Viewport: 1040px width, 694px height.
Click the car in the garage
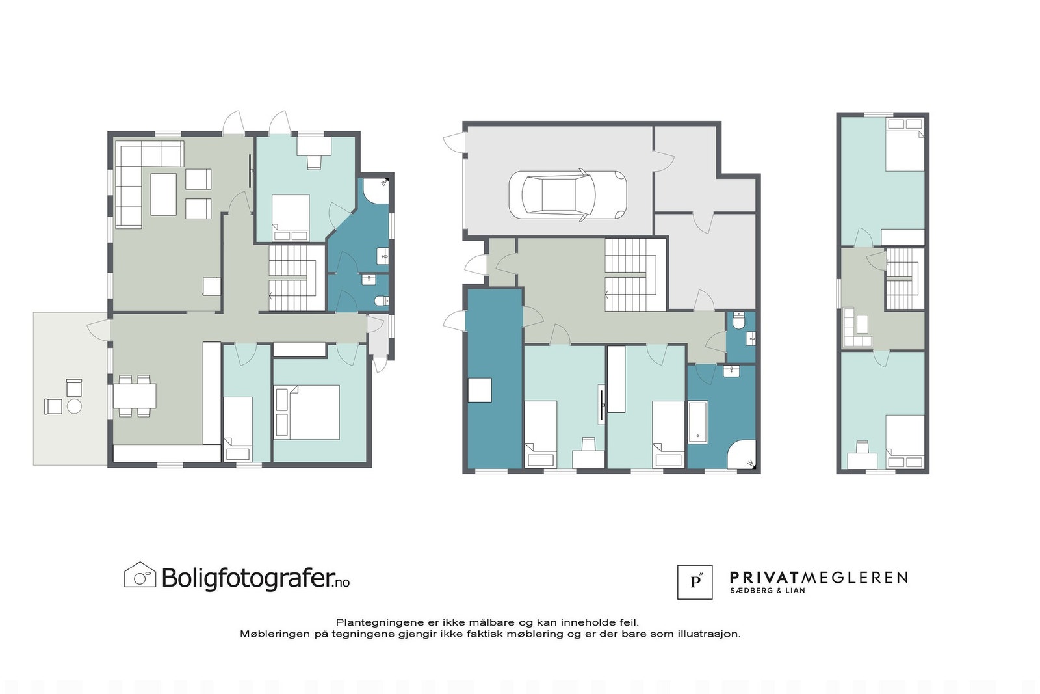(x=567, y=195)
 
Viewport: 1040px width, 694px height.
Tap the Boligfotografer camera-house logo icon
(x=140, y=575)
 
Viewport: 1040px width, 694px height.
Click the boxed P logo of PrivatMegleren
(x=694, y=581)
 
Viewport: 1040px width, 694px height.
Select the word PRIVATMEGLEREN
(x=818, y=578)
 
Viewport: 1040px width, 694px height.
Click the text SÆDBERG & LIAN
(x=767, y=591)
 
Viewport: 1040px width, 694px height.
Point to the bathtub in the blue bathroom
(x=697, y=422)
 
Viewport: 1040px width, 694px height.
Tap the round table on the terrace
(x=75, y=407)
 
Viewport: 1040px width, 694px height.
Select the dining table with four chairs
(x=135, y=395)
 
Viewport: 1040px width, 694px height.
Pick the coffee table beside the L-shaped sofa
(x=163, y=194)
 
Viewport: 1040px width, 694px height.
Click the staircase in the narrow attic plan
(x=904, y=278)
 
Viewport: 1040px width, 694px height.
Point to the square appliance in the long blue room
(x=480, y=390)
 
